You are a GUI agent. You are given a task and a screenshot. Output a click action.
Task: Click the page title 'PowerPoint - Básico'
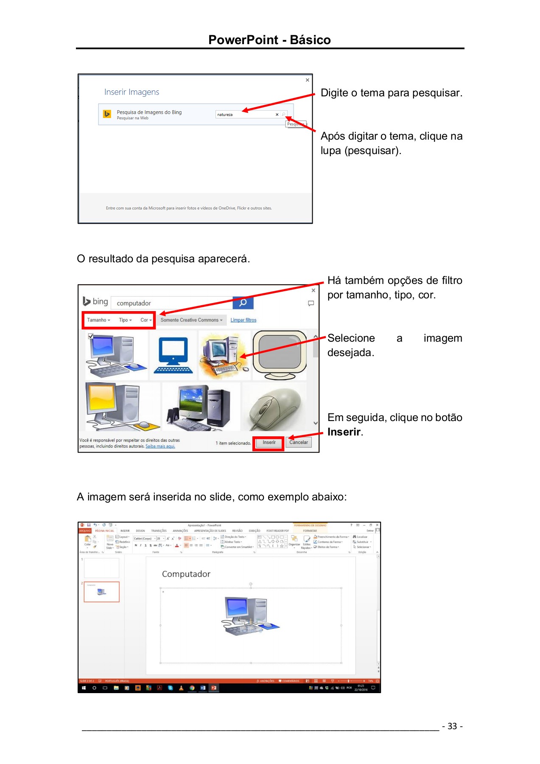pos(269,40)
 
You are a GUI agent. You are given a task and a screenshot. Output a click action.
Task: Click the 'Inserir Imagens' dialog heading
pos(132,92)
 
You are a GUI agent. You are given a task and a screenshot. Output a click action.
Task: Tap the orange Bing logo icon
pos(107,114)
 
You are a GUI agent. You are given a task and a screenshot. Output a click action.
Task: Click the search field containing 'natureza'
pos(244,115)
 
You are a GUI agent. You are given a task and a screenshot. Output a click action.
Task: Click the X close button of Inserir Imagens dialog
pos(308,80)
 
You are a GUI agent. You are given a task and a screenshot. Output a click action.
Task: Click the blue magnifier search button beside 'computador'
pos(243,303)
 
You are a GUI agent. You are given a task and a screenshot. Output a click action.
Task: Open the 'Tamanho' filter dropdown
pos(98,320)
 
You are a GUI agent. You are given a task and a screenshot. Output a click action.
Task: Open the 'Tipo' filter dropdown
pos(125,320)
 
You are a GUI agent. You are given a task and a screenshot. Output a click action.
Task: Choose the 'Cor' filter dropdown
pos(146,320)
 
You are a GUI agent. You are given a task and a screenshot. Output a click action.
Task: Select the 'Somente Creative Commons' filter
pos(191,320)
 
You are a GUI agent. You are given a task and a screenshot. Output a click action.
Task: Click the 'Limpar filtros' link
pos(243,320)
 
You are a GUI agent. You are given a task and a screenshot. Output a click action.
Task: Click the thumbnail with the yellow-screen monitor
pos(122,407)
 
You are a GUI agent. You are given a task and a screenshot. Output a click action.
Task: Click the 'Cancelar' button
pos(299,442)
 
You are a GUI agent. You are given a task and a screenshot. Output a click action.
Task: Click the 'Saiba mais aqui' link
pos(160,446)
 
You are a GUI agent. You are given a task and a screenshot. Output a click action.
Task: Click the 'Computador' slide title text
pos(186,574)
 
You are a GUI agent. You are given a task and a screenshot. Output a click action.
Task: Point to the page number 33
pos(452,726)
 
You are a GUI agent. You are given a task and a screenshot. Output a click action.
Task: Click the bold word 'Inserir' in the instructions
pos(344,432)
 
